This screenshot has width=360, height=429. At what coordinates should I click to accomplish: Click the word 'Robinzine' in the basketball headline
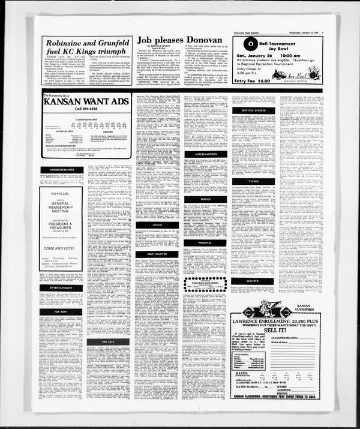click(x=68, y=44)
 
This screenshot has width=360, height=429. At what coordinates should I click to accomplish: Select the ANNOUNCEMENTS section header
click(x=62, y=170)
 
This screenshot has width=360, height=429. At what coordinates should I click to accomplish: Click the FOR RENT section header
click(x=62, y=312)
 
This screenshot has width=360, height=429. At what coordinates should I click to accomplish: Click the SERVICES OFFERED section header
click(x=253, y=110)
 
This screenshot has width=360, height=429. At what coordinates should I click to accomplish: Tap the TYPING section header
click(x=253, y=181)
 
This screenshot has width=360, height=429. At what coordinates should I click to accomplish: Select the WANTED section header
click(x=253, y=280)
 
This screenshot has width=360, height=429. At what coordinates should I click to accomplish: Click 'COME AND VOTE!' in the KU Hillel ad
click(x=62, y=248)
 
